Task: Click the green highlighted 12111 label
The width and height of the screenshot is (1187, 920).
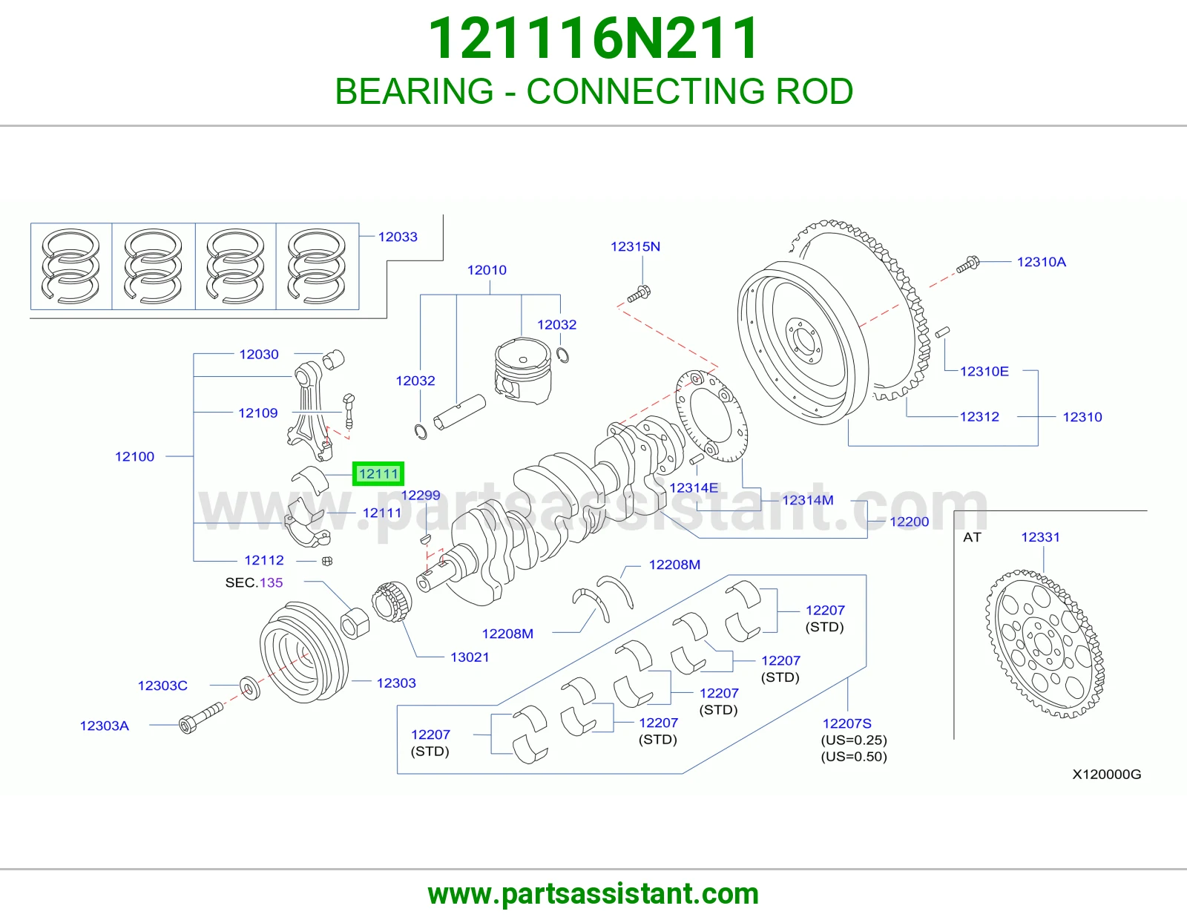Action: pyautogui.click(x=378, y=473)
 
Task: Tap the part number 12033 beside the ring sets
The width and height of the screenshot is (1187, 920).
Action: pyautogui.click(x=398, y=237)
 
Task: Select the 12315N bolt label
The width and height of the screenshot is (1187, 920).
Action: pyautogui.click(x=635, y=246)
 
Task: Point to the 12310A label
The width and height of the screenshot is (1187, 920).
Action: pyautogui.click(x=1041, y=262)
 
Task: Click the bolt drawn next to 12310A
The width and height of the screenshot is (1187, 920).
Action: pyautogui.click(x=968, y=264)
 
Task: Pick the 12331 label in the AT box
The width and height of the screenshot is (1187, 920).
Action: pyautogui.click(x=1041, y=537)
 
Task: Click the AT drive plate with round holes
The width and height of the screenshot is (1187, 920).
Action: pyautogui.click(x=1045, y=643)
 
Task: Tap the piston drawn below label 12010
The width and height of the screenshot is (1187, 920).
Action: pyautogui.click(x=523, y=370)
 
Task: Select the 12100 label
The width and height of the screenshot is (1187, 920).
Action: pyautogui.click(x=134, y=456)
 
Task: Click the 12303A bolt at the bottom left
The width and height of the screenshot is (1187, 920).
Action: pyautogui.click(x=200, y=718)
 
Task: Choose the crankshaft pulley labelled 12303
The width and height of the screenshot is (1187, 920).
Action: pyautogui.click(x=303, y=651)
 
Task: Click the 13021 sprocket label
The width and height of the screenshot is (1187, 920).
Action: pyautogui.click(x=470, y=657)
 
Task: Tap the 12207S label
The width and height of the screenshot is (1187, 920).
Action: pyautogui.click(x=846, y=723)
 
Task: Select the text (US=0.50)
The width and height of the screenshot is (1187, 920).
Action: pyautogui.click(x=854, y=757)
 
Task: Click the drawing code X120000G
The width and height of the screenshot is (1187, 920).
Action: pyautogui.click(x=1107, y=774)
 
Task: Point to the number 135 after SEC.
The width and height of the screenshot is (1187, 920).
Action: pyautogui.click(x=272, y=582)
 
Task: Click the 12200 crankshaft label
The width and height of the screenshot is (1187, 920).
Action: pyautogui.click(x=910, y=521)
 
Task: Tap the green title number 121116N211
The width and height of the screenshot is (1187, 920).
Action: pyautogui.click(x=593, y=38)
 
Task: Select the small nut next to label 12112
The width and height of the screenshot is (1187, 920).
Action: pyautogui.click(x=327, y=560)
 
